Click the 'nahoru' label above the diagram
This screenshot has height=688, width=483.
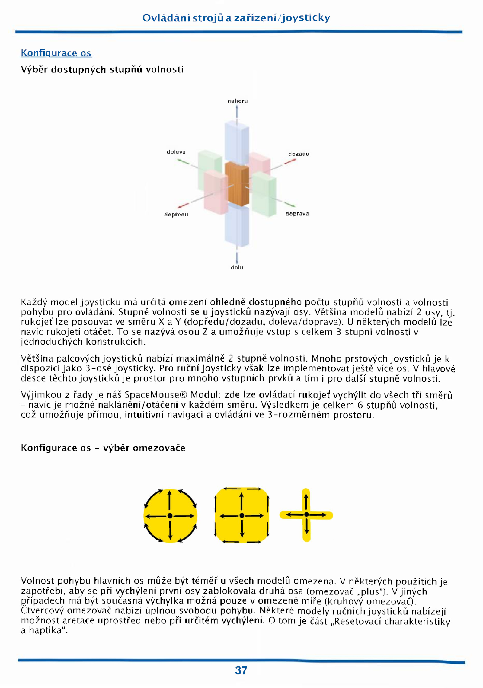tap(238, 101)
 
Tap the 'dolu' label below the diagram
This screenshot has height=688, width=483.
tap(237, 268)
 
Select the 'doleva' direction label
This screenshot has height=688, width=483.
tap(176, 152)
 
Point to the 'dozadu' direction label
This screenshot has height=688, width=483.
tap(299, 154)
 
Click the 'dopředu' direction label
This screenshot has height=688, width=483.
tap(176, 215)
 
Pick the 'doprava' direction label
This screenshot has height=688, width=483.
tap(297, 214)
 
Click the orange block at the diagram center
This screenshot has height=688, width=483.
tap(237, 184)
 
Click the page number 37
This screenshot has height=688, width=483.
tap(241, 670)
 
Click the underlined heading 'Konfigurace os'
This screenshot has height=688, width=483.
tap(56, 53)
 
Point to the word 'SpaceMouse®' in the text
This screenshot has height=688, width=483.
tap(156, 395)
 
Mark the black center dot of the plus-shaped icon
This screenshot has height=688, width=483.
tap(306, 514)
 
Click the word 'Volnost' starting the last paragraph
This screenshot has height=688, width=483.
tap(37, 581)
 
